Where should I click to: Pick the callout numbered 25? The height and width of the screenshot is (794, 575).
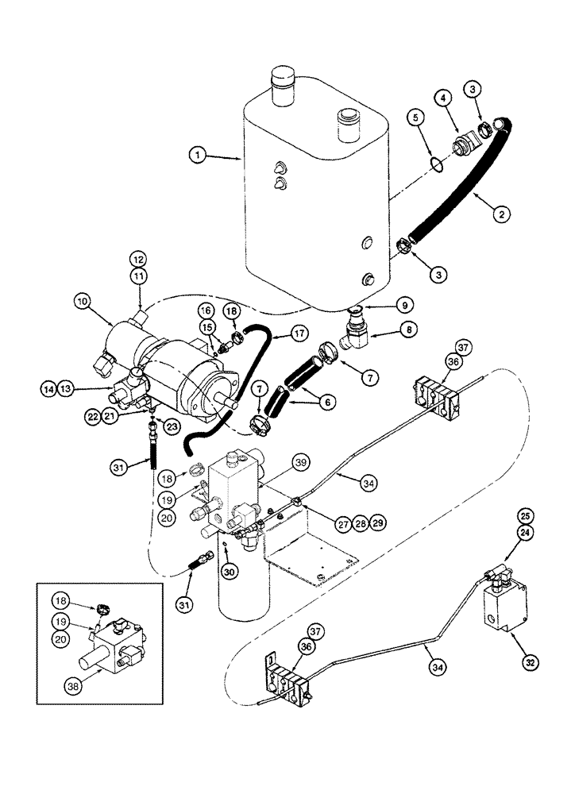524,515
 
